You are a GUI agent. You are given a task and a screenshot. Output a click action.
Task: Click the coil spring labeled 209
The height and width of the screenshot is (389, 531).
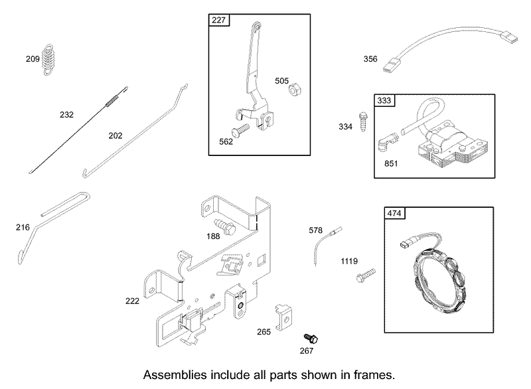point(48,59)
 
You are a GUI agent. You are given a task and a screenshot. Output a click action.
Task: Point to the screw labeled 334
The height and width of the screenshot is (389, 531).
point(363,121)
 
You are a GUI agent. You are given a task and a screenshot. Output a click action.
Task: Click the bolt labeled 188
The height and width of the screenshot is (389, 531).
point(224,226)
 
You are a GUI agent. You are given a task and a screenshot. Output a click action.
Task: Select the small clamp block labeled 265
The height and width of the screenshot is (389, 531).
point(283,317)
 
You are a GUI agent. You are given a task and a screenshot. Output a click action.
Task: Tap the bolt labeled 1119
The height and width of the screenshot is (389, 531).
point(366,275)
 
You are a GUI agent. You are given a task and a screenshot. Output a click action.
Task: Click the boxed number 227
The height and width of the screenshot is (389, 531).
point(219,21)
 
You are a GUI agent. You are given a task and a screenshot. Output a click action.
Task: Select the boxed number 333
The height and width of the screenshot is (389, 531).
point(384,100)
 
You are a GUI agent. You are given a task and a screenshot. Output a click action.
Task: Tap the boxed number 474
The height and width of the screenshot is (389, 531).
point(394,213)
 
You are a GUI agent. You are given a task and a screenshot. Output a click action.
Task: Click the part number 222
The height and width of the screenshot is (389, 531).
point(132,301)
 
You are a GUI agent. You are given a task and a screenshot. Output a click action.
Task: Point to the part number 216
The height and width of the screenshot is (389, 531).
point(23,227)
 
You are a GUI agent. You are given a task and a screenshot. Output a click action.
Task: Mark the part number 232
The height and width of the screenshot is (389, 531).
point(66,115)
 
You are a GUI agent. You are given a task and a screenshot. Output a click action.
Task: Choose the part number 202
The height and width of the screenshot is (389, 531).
point(115,136)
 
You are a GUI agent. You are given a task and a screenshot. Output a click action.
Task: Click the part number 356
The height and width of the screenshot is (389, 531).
point(370,59)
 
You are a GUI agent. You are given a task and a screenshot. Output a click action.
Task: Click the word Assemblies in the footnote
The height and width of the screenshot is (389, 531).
point(175,375)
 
